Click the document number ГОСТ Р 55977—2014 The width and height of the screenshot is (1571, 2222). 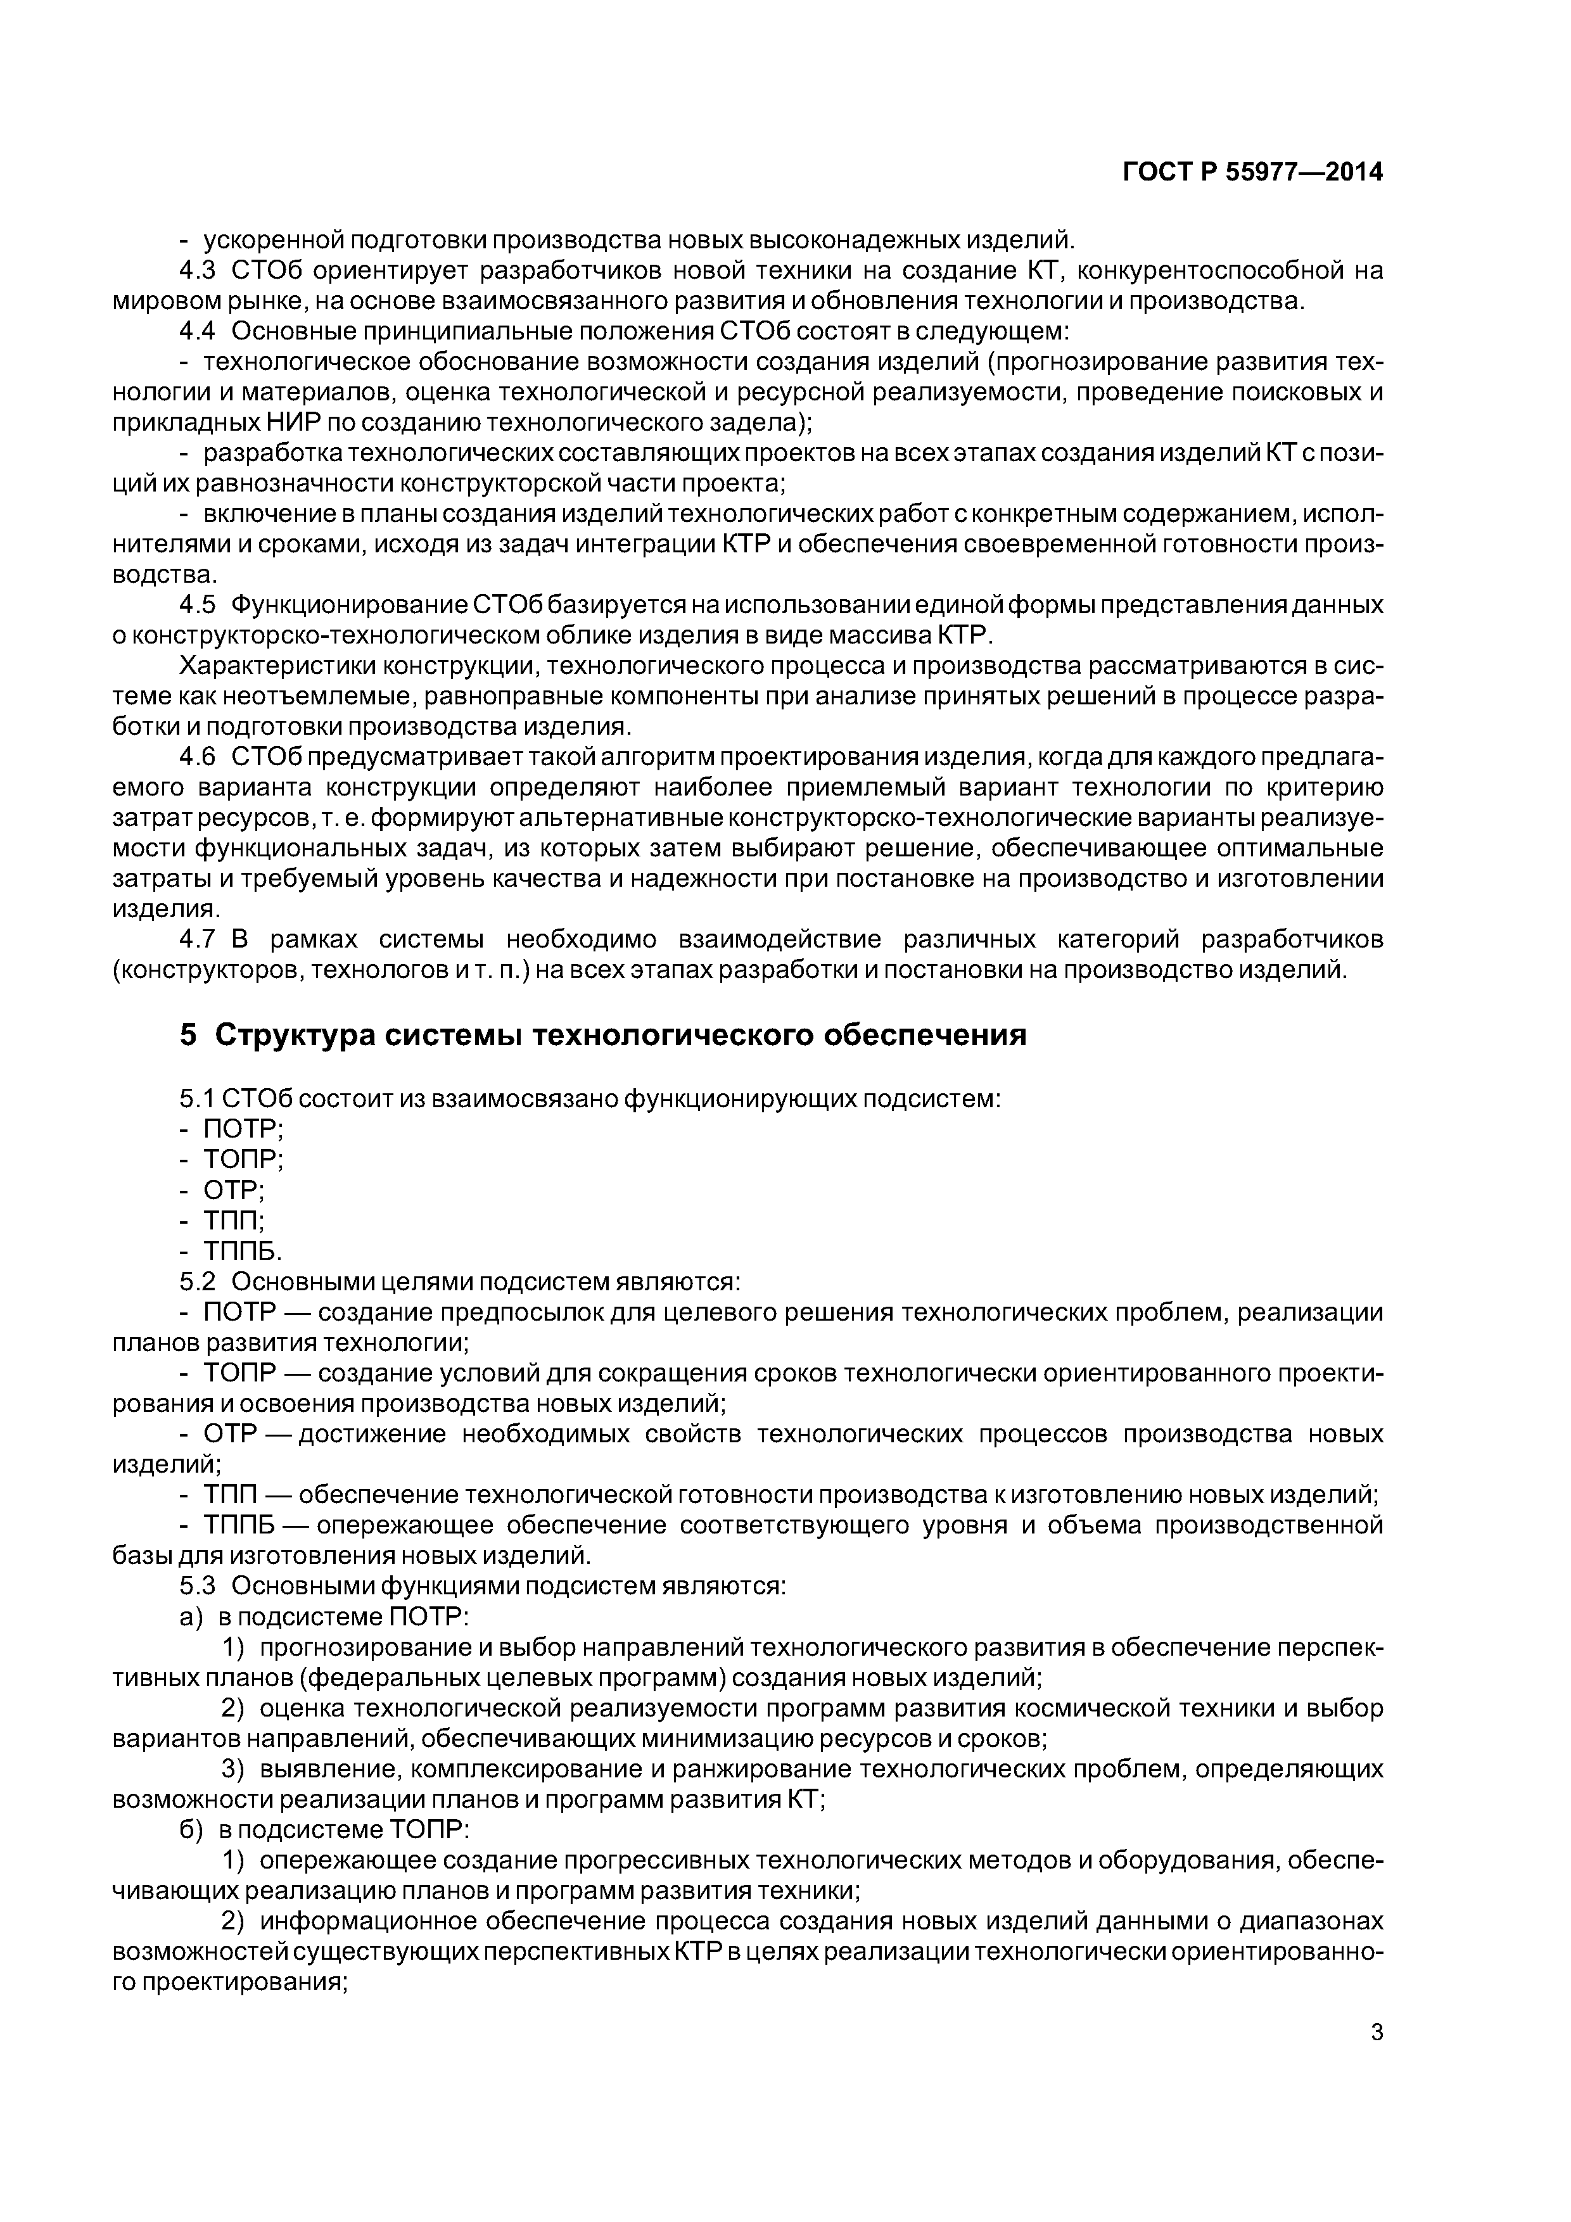(x=1252, y=172)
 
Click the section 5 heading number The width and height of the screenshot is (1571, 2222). (x=188, y=1036)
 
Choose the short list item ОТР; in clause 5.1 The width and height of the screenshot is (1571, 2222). (x=233, y=1190)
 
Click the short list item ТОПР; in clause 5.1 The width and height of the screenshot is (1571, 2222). (x=242, y=1159)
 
